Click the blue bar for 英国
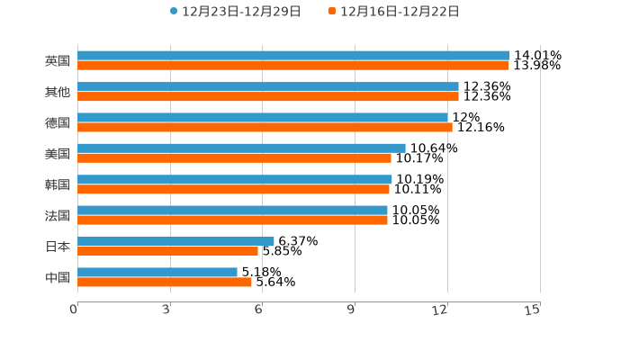click(x=293, y=56)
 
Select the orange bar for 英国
click(x=293, y=66)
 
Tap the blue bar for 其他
click(x=268, y=86)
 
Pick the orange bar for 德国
click(x=265, y=127)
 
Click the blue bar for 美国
click(x=241, y=148)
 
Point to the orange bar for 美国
click(x=234, y=158)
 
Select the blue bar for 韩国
click(x=235, y=179)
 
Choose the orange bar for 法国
click(x=232, y=220)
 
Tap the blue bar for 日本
click(x=175, y=241)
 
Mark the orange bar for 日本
click(x=167, y=251)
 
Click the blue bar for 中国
click(x=157, y=272)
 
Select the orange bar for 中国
click(x=165, y=282)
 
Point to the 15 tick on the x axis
click(x=533, y=310)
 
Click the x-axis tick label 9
click(x=351, y=310)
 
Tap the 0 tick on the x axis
click(x=74, y=310)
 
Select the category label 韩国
click(x=58, y=184)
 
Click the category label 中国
click(x=58, y=277)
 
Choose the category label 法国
click(x=58, y=215)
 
